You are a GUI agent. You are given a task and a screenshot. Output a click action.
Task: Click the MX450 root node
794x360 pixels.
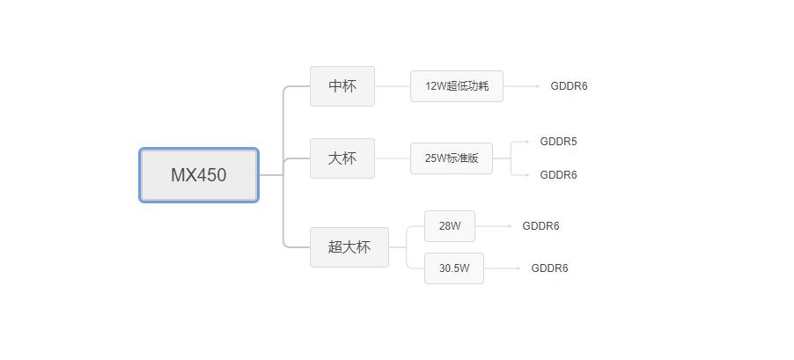coord(199,175)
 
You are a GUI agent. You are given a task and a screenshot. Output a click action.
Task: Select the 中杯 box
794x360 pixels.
coord(342,86)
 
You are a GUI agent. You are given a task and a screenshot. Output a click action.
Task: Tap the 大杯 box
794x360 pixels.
coord(342,158)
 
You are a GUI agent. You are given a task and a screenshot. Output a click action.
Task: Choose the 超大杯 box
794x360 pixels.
coord(349,247)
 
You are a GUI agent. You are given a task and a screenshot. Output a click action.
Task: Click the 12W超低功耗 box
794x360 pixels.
coord(457,86)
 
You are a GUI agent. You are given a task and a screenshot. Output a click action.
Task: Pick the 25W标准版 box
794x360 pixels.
coord(452,158)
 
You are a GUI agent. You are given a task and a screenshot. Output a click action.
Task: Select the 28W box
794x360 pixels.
coord(450,226)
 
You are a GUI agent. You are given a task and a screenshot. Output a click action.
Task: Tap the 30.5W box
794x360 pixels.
coord(454,268)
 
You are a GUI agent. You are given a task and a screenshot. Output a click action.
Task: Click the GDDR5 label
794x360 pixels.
coord(558,142)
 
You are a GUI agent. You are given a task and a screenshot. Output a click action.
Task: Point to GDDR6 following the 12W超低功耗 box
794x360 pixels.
coord(569,86)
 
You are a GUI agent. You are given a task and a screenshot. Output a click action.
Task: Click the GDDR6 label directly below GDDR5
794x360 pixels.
coord(558,175)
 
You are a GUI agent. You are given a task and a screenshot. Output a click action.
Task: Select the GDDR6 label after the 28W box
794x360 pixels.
coord(540,226)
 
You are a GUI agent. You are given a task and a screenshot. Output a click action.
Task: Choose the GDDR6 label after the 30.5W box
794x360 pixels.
coord(549,268)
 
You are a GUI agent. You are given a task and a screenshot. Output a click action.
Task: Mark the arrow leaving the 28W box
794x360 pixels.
coord(493,226)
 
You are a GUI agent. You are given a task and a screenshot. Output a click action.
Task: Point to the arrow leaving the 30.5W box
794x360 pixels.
coord(502,268)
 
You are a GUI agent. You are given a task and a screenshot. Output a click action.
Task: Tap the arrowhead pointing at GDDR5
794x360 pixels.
coord(526,142)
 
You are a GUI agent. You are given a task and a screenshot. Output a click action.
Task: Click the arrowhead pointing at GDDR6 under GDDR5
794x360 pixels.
coord(526,175)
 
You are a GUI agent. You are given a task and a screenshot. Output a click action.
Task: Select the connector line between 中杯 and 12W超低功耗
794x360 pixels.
coord(393,86)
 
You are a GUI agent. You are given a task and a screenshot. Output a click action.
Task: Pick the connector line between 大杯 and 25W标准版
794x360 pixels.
coord(393,158)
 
